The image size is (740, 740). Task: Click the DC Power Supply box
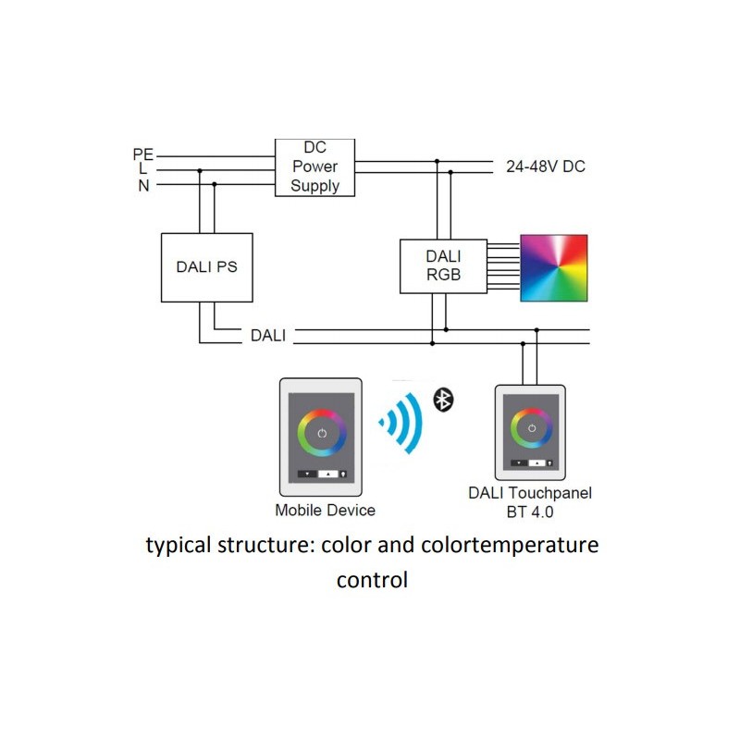point(315,166)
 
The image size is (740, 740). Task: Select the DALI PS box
point(206,267)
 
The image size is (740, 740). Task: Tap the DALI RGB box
point(442,265)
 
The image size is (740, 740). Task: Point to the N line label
point(143,185)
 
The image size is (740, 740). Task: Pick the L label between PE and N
point(143,170)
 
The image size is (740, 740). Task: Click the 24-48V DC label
point(545,167)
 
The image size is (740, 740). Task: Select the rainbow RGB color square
point(554,267)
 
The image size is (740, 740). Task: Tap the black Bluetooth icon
point(445,400)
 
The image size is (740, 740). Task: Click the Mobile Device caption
point(325,510)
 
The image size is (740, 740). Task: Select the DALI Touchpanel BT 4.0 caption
point(529,501)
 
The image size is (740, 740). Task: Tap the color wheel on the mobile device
point(321,433)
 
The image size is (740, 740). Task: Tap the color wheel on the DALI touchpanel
point(531,427)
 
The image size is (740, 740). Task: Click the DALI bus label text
point(268,336)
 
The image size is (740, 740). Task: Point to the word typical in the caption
point(178,546)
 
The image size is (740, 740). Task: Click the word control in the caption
point(372,581)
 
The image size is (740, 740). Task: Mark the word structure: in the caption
point(265,546)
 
